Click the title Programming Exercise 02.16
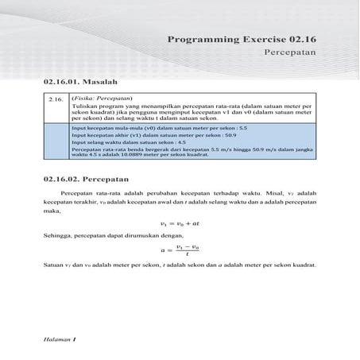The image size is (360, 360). pos(242,39)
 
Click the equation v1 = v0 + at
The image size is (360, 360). pos(180,226)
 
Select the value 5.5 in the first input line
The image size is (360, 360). pos(243,128)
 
